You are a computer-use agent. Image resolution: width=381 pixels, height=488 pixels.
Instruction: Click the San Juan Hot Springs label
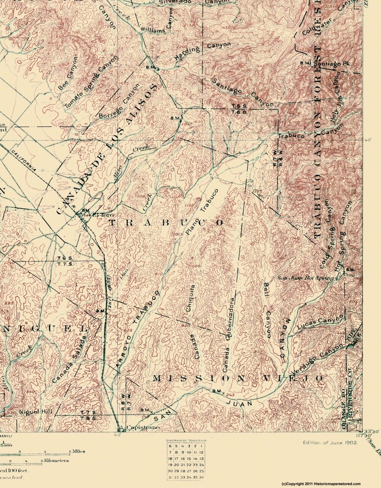point(306,278)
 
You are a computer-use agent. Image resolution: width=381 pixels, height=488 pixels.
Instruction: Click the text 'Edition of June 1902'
point(330,442)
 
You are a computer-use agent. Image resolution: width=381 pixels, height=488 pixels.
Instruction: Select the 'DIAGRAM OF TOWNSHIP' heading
point(186,441)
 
